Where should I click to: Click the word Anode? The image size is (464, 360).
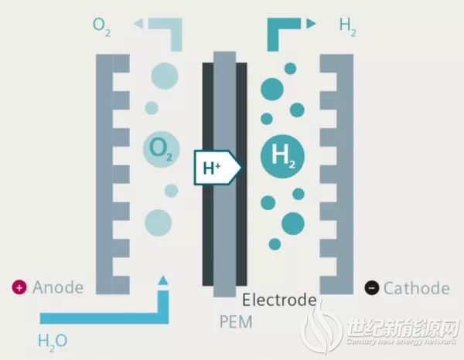tap(58, 288)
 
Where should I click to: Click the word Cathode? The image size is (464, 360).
tap(416, 289)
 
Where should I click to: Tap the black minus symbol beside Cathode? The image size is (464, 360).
tap(372, 289)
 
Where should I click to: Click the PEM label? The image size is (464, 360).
tap(235, 320)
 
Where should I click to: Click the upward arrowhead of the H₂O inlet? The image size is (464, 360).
tap(163, 281)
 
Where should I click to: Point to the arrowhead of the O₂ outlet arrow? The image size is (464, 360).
tap(138, 24)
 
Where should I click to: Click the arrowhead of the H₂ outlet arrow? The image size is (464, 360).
tap(311, 24)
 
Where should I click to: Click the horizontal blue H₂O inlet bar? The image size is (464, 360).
tap(101, 317)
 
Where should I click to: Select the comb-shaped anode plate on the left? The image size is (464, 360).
tap(112, 174)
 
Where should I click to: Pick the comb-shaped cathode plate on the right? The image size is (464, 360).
tap(337, 174)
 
